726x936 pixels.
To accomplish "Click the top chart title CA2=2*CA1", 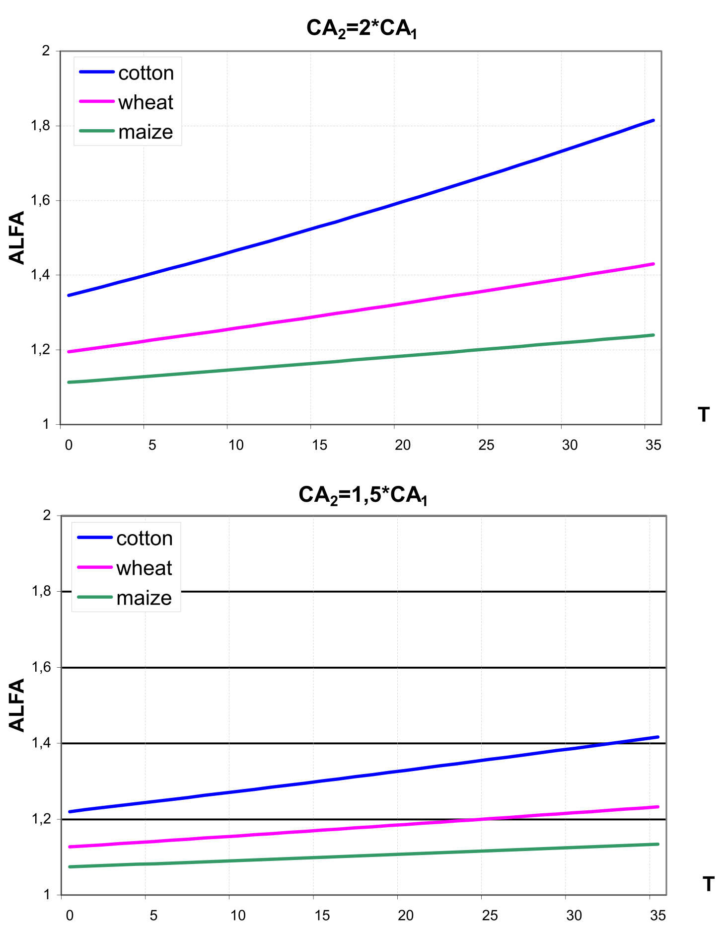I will (362, 28).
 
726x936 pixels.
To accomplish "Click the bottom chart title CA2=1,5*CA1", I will (363, 495).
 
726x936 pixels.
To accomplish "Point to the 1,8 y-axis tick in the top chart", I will (40, 126).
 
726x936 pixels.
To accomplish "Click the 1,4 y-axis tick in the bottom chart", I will (41, 743).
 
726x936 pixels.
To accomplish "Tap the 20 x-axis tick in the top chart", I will (403, 445).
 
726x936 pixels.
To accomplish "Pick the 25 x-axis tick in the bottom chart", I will (490, 916).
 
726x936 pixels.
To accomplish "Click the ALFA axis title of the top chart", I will (17, 237).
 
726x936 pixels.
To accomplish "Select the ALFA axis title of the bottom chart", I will (17, 705).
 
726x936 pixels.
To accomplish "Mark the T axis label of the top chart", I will (704, 414).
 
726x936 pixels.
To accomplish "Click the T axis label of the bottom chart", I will (709, 884).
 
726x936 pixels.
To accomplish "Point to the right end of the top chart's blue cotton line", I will (653, 120).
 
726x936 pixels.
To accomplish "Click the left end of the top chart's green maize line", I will (69, 382).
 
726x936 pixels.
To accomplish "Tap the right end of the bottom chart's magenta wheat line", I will (657, 807).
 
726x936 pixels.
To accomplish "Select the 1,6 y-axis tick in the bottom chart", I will (41, 667).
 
